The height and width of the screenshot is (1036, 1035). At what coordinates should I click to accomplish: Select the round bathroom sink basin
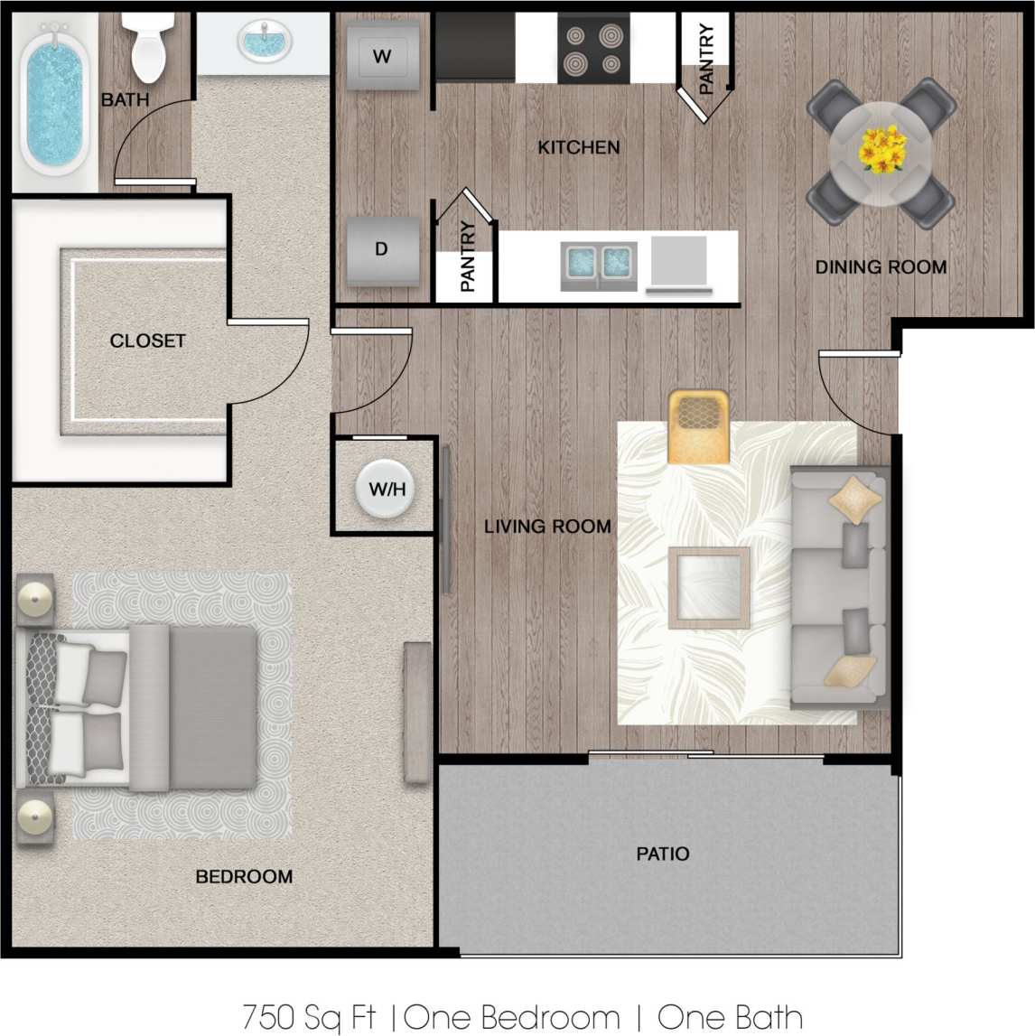coord(265,42)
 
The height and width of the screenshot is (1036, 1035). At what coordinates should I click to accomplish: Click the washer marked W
coord(382,56)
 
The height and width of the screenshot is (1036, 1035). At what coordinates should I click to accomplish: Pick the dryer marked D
coord(382,249)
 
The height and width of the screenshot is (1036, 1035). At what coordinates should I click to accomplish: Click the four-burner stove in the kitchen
coord(592,50)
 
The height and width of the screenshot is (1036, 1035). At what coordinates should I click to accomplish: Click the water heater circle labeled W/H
coord(387,489)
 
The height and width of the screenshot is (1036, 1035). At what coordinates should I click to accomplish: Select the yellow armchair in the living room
coord(698,426)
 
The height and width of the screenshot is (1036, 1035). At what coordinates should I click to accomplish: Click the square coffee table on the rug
coord(709,587)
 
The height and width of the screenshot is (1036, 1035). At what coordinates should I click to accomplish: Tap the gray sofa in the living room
coord(838,587)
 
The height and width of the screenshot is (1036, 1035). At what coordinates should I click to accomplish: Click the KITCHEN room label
coord(579,147)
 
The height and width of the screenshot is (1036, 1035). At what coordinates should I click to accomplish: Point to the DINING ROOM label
coord(881,267)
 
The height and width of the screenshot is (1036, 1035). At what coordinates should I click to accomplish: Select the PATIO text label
coord(662,854)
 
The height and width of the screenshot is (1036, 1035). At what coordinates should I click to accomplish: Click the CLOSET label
coord(147,341)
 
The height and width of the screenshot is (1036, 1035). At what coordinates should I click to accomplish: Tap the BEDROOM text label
coord(244,876)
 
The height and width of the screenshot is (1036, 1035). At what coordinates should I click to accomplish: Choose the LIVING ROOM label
coord(547,527)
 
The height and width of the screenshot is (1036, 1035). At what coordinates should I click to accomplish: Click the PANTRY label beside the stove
coord(706,59)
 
